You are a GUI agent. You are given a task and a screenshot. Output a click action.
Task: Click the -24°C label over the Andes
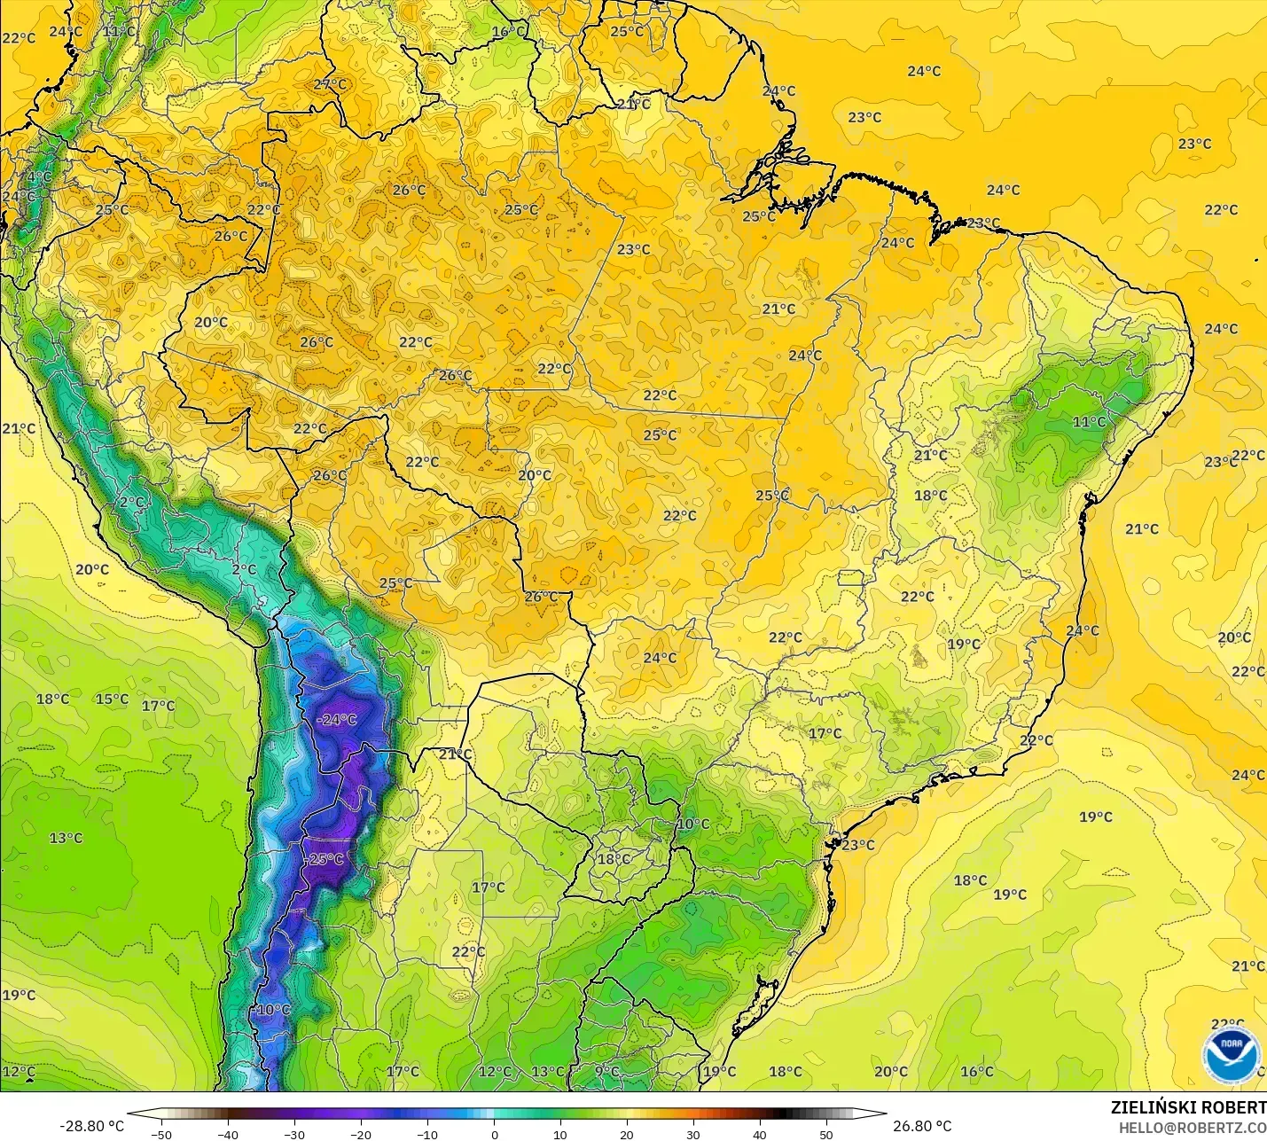[x=337, y=719]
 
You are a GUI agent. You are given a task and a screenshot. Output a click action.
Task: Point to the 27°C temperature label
[x=331, y=84]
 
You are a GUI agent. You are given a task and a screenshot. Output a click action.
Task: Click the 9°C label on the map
[x=607, y=1071]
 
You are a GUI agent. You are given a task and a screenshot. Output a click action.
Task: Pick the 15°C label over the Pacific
[x=112, y=699]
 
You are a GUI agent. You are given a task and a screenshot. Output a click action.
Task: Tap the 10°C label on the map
[x=693, y=824]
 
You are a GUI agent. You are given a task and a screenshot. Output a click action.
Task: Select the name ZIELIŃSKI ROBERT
[x=1188, y=1107]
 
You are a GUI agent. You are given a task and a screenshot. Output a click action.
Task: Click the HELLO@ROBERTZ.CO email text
[x=1192, y=1128]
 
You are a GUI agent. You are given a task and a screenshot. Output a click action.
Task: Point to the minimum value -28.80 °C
[x=91, y=1126]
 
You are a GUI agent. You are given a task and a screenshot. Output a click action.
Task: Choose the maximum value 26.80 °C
[x=922, y=1126]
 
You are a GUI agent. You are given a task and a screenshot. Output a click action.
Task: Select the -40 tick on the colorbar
[x=228, y=1134]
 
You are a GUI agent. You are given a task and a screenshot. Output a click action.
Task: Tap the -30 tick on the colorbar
[x=294, y=1134]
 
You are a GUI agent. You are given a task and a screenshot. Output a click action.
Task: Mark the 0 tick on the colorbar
[x=494, y=1134]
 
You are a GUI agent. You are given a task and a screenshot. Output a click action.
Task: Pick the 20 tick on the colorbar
[x=627, y=1134]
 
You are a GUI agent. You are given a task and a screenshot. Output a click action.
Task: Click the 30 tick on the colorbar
[x=693, y=1134]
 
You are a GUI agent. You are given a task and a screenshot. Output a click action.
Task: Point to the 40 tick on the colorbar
[x=760, y=1134]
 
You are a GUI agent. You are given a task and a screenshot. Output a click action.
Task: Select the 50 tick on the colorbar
[x=826, y=1134]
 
